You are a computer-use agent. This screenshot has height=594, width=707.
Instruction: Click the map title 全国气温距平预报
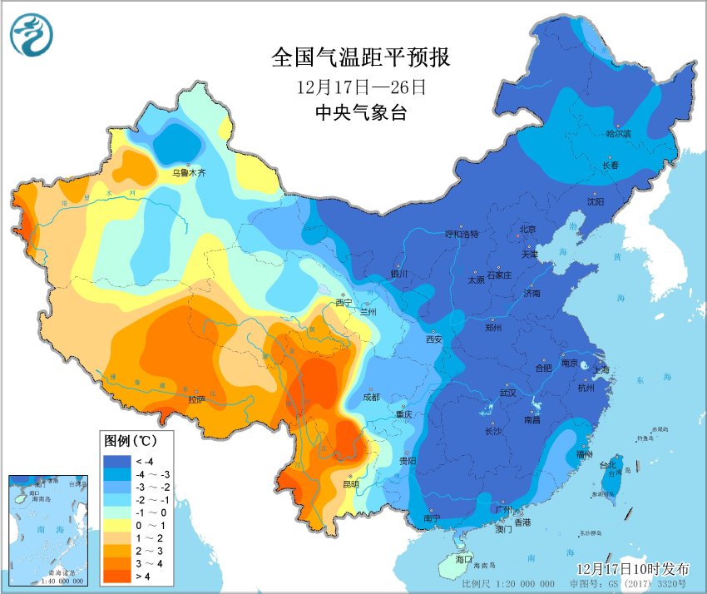(360, 57)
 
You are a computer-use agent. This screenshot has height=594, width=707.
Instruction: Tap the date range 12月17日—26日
(360, 87)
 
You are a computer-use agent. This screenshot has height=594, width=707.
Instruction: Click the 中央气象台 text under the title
(360, 114)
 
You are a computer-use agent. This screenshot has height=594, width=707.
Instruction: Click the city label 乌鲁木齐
(188, 173)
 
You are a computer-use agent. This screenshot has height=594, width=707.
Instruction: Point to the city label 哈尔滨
(618, 133)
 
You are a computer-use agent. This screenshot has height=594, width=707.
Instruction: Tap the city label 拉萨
(196, 399)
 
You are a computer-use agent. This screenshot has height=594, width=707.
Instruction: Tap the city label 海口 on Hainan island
(462, 558)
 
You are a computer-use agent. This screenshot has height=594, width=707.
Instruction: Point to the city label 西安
(433, 339)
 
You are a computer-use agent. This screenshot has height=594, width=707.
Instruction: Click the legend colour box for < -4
(116, 461)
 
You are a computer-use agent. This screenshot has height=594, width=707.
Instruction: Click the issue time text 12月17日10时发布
(633, 569)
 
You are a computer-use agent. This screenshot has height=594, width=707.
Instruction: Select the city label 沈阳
(596, 201)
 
